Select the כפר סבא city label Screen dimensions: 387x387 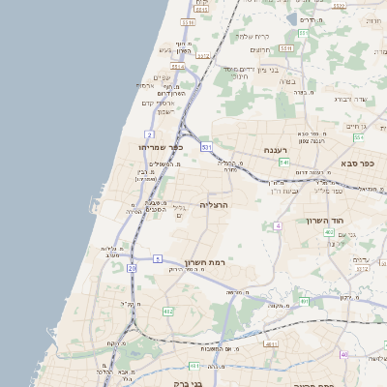356,163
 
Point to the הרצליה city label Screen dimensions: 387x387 214,205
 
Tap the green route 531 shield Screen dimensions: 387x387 206,147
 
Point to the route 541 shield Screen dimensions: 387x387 284,163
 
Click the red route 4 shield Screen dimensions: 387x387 277,225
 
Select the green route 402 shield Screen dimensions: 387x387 329,232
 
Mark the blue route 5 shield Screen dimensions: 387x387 157,259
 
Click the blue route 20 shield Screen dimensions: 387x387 132,291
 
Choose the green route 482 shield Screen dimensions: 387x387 168,312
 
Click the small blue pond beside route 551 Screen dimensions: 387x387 292,18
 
